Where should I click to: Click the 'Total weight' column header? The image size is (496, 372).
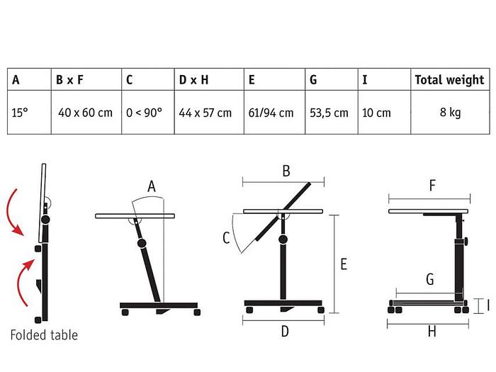[x=449, y=80]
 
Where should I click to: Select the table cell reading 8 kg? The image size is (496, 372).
[x=449, y=113]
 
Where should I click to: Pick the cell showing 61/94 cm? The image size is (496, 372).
[x=271, y=113]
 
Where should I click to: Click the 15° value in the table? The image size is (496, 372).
[x=21, y=113]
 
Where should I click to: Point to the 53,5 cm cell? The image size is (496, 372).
[x=329, y=113]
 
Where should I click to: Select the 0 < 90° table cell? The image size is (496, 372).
[x=144, y=113]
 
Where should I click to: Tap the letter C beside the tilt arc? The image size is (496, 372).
[x=226, y=239]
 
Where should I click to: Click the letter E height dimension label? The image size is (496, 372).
[x=343, y=265]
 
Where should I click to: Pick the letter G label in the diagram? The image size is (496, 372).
[x=429, y=279]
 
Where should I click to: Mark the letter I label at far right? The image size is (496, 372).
[x=487, y=306]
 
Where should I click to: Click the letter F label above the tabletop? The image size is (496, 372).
[x=432, y=186]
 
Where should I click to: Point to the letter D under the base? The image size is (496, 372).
[x=285, y=331]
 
